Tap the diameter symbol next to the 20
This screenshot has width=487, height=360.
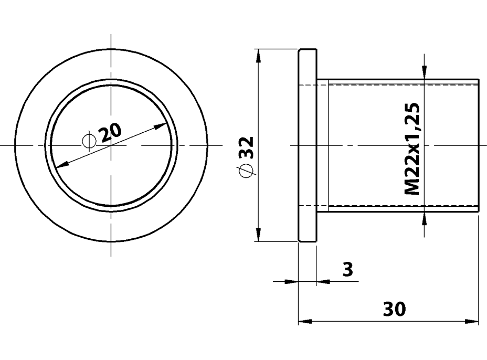pos(90,141)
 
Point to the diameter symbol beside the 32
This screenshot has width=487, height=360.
pos(245,171)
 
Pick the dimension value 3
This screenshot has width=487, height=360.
pos(347,270)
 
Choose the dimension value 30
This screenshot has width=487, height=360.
pos(394,310)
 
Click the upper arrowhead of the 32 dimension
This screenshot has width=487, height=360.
pos(257,55)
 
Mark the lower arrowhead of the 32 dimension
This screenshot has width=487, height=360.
pos(257,235)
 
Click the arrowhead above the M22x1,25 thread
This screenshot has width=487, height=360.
pos(425,73)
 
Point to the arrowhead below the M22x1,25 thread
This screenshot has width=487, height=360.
pos(425,217)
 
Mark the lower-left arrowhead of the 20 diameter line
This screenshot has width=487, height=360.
pos(61,164)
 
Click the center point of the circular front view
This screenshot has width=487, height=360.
pos(111,145)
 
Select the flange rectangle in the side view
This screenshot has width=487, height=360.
pos(308,145)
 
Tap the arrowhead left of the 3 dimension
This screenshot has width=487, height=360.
pos(291,281)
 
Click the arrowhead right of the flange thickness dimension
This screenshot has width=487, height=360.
pos(323,281)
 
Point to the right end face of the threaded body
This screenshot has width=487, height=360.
pos(479,145)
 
